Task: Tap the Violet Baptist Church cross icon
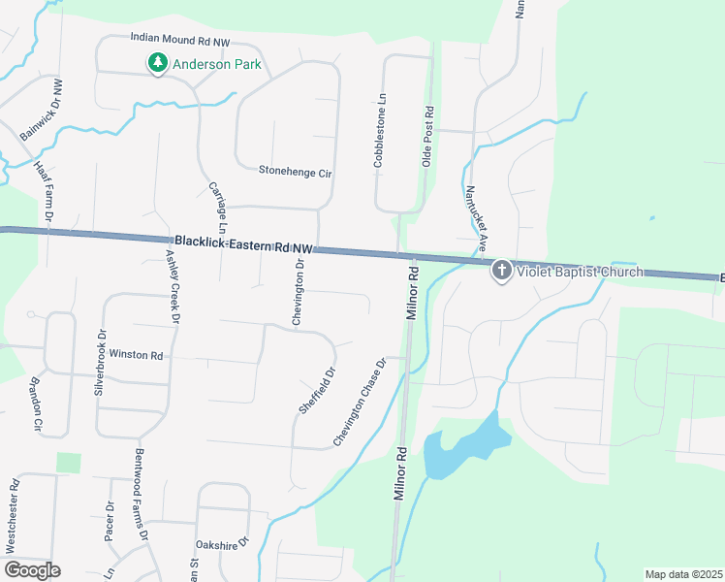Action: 501,271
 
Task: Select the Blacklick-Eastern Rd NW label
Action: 245,243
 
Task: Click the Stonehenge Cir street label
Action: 296,172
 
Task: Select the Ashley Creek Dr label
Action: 173,284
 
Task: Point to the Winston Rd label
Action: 136,355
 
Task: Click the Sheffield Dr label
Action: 316,390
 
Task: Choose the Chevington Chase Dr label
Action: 360,402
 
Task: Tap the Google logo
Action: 32,570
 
